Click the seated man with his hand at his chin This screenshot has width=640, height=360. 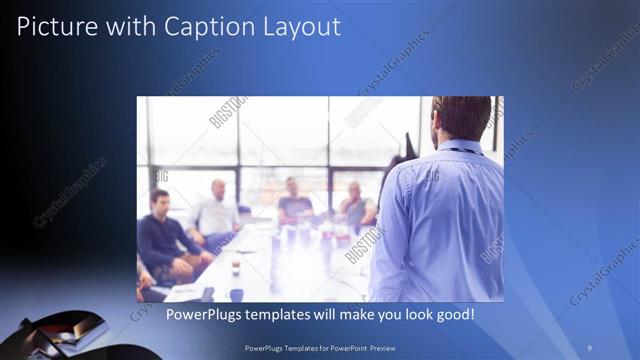coord(355,204)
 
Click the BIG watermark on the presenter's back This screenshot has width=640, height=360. coord(433,177)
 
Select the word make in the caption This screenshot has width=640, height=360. coord(340,315)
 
